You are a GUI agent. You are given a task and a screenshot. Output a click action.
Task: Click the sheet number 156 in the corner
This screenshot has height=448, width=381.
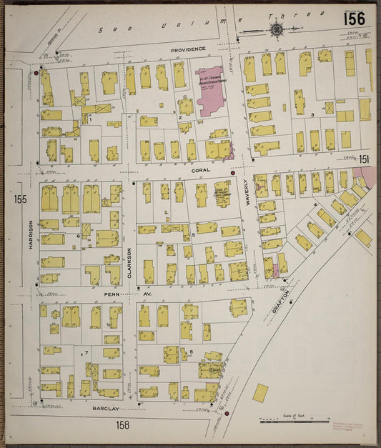(354, 19)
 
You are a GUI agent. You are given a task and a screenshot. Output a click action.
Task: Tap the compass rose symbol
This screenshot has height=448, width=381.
(276, 29)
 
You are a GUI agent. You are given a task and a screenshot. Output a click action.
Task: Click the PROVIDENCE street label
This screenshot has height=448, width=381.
(188, 49)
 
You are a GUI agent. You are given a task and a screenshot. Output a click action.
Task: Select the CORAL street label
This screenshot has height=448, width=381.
(199, 171)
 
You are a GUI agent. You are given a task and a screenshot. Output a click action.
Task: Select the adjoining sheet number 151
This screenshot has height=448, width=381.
(365, 159)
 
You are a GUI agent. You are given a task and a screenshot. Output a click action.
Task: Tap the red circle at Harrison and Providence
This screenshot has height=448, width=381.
(36, 72)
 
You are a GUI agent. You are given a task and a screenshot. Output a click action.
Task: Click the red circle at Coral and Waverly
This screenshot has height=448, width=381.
(233, 172)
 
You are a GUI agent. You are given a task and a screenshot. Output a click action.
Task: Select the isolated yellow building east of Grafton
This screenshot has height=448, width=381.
(261, 392)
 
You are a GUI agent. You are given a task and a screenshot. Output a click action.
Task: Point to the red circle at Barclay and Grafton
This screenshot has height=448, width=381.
(227, 413)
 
